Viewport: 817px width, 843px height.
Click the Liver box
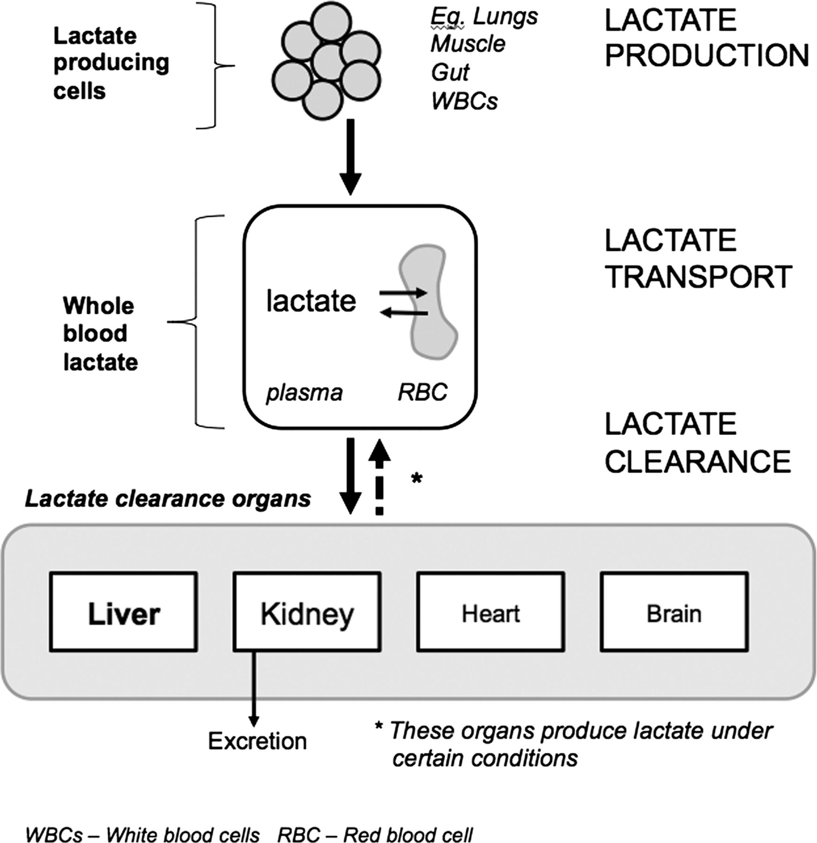[124, 612]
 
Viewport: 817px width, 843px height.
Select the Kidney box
[307, 612]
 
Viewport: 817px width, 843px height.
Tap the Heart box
[490, 612]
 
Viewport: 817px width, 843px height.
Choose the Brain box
[674, 612]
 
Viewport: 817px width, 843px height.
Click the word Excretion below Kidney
[257, 741]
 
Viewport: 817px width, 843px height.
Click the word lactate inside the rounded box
[311, 301]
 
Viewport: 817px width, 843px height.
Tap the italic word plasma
[305, 392]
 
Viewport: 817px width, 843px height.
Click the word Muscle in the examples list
[468, 44]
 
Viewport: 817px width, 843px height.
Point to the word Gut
[450, 73]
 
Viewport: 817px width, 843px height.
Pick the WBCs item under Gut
[464, 101]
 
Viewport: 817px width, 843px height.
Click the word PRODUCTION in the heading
[706, 55]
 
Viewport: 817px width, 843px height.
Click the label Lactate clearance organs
[168, 499]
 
